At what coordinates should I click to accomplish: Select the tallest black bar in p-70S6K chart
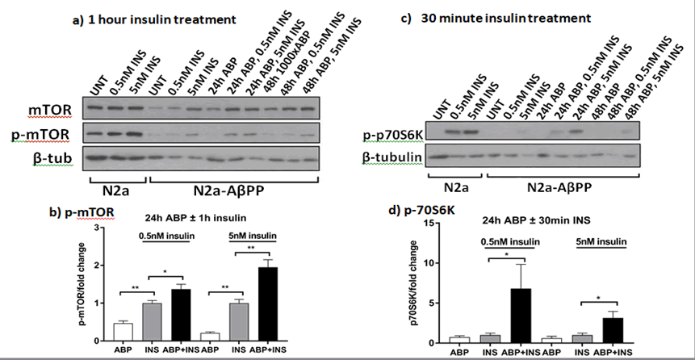coord(521,315)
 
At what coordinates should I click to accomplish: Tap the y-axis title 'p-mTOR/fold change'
coord(82,283)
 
